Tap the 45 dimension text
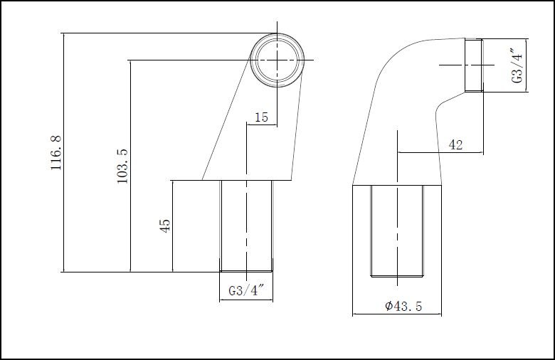(165, 226)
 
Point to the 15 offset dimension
(261, 117)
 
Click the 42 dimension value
(456, 144)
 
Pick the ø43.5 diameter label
(403, 306)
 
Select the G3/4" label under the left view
(246, 291)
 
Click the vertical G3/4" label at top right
(518, 65)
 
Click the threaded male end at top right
(474, 65)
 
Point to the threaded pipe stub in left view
(246, 226)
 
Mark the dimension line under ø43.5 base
(397, 314)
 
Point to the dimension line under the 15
(261, 125)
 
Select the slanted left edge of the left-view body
(226, 121)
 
